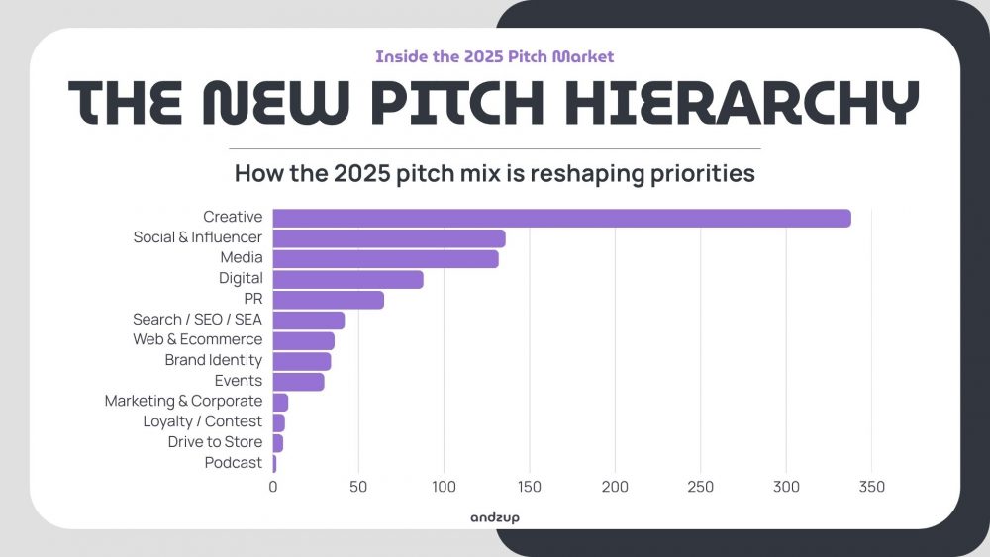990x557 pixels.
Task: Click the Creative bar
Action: (561, 218)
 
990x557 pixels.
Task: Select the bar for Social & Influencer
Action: (389, 238)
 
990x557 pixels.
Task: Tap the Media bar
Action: (385, 259)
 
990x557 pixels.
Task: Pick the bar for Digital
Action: (347, 280)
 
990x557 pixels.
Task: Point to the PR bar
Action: (328, 300)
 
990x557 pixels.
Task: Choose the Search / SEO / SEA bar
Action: (308, 321)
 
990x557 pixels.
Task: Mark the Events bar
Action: (298, 382)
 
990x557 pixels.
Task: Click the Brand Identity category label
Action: (214, 360)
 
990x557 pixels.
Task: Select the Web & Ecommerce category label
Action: (198, 339)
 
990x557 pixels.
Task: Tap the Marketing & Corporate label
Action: (183, 402)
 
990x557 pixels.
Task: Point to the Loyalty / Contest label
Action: (203, 422)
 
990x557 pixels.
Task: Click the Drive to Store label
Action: (215, 442)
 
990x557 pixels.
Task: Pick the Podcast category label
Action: (234, 463)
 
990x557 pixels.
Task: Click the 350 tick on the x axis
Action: (871, 487)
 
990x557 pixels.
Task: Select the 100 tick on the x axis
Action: (444, 487)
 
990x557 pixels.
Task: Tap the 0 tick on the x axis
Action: (273, 487)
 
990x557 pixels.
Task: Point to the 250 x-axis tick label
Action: (700, 487)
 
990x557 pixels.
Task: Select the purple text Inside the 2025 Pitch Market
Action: (494, 57)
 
